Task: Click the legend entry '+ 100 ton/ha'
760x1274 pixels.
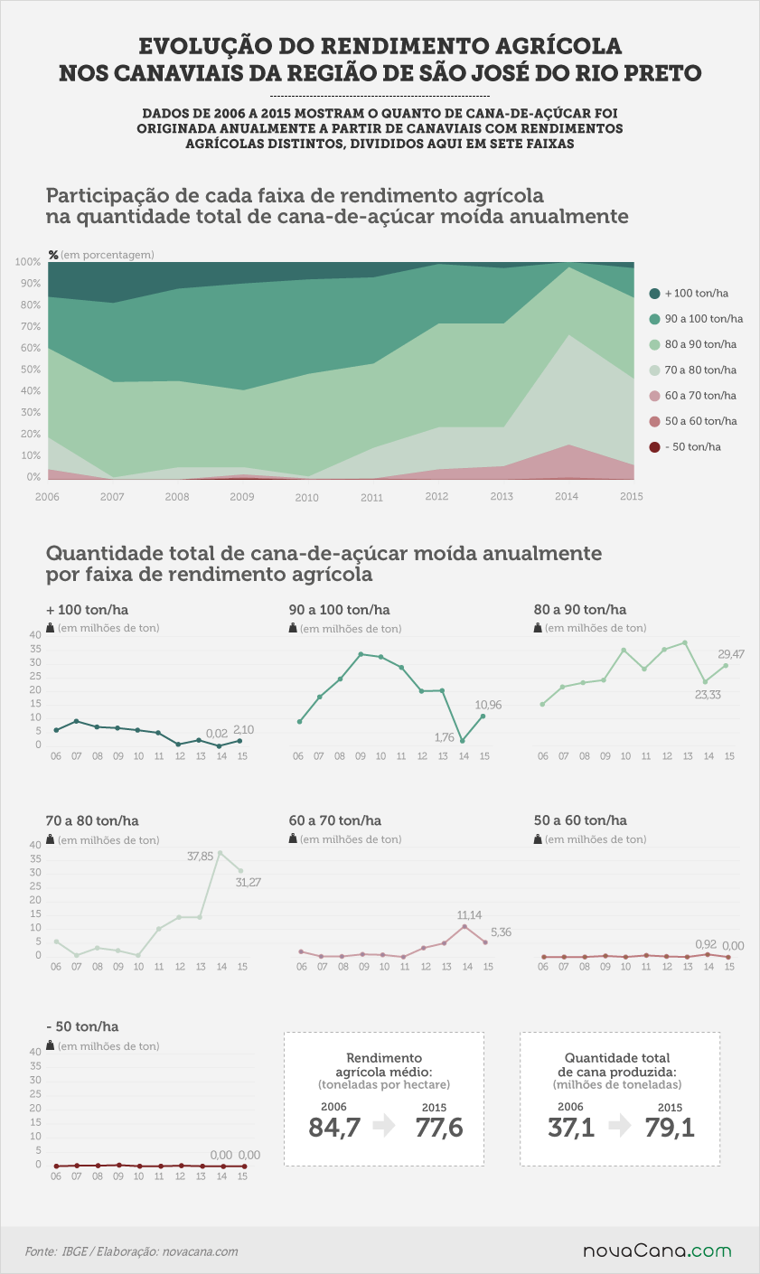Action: pos(689,294)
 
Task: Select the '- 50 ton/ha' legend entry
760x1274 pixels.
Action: pos(685,447)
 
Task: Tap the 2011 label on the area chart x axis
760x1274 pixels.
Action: pos(371,498)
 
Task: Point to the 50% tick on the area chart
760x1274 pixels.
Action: pos(31,370)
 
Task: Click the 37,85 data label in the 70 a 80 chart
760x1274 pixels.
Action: pos(201,856)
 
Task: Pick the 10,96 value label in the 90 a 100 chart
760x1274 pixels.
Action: pos(488,705)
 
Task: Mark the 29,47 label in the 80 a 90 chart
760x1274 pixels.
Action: pos(730,654)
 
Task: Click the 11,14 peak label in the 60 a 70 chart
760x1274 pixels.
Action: pos(469,915)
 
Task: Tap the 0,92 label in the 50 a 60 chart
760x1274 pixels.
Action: pos(706,944)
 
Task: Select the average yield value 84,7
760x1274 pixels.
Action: pos(334,1127)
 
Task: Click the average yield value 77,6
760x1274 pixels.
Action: pos(439,1127)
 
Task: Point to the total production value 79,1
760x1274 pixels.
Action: pos(670,1127)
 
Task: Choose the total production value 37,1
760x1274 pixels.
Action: pos(571,1127)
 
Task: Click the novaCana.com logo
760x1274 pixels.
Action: pos(657,1251)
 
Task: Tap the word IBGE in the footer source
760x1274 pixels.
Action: pos(74,1251)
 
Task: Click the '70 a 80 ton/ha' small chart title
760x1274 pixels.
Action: pos(92,820)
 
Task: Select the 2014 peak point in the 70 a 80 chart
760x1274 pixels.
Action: pos(220,853)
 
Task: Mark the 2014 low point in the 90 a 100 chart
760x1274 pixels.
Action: pos(463,741)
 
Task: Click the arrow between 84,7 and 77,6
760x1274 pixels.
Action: pos(385,1126)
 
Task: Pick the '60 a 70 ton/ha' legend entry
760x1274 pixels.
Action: pos(693,396)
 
